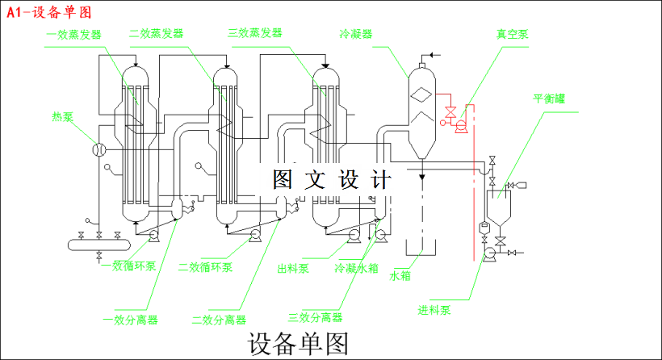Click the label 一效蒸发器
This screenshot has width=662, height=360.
point(73,35)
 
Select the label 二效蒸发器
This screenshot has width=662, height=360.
point(156,34)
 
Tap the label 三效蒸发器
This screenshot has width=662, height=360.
point(255,33)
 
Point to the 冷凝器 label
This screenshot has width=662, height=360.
point(357,35)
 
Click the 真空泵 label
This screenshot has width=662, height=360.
point(513,34)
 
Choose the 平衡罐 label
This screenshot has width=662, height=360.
point(550,99)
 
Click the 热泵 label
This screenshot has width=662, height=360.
point(63,116)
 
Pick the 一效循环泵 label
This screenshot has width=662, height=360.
point(128,266)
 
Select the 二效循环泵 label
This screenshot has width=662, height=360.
point(206,267)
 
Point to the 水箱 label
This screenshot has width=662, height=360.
point(401,275)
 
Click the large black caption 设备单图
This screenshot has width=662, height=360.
point(299,344)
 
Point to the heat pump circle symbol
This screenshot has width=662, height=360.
point(99,149)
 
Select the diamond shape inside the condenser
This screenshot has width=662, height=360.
point(422,94)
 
